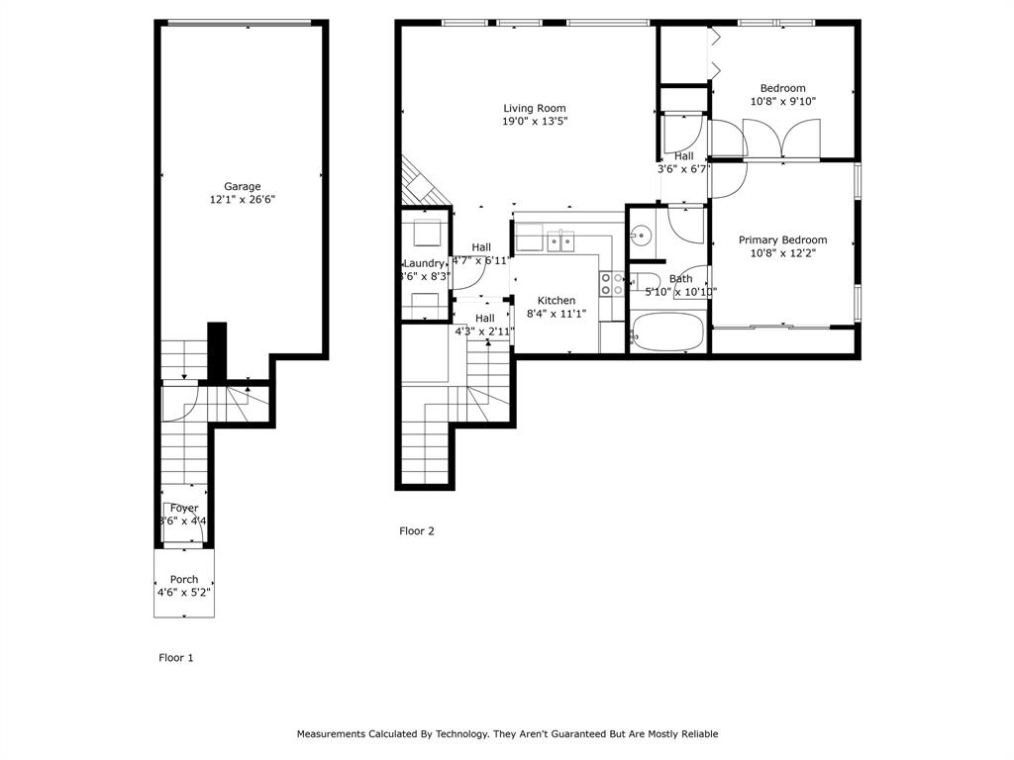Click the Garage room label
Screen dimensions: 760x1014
(x=242, y=186)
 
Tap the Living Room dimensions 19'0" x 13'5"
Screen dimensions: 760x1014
(x=535, y=122)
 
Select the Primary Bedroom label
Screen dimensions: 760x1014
(x=782, y=239)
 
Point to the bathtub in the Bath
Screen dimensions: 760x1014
(x=666, y=332)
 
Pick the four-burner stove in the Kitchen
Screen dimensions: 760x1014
(x=611, y=284)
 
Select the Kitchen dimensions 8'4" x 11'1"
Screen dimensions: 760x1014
(x=557, y=314)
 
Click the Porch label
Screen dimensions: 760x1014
(x=184, y=579)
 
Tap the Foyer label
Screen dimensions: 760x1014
(x=184, y=508)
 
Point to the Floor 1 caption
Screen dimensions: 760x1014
(x=176, y=657)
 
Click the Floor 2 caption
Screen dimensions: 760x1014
(x=417, y=531)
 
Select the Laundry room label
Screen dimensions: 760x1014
(x=424, y=262)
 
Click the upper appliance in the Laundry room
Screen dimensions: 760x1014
(x=426, y=232)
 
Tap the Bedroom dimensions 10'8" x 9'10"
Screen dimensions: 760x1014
(x=782, y=101)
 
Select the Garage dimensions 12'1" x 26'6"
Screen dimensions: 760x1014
(x=242, y=200)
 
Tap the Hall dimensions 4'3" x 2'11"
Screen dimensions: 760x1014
(x=484, y=332)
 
